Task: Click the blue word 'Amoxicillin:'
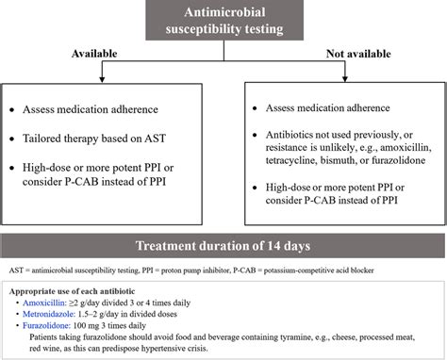pyautogui.click(x=48, y=303)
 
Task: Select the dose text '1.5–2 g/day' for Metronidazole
pyautogui.click(x=105, y=315)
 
